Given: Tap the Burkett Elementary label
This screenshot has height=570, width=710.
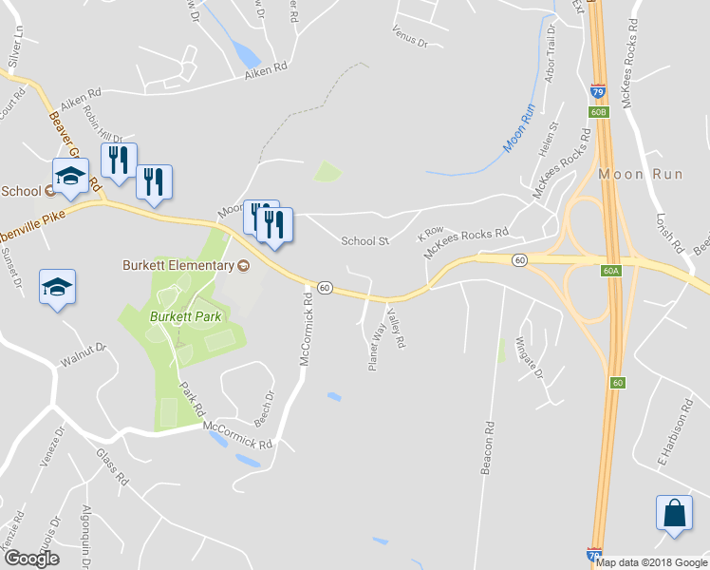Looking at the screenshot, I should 177,265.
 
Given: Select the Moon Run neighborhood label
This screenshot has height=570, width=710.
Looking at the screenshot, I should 634,175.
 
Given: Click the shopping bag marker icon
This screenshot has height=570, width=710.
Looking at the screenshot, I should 674,512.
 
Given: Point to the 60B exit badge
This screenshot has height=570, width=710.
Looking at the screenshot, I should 597,112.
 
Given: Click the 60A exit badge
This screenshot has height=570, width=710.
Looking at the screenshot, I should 610,271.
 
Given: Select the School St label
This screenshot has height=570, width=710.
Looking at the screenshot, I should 365,241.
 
